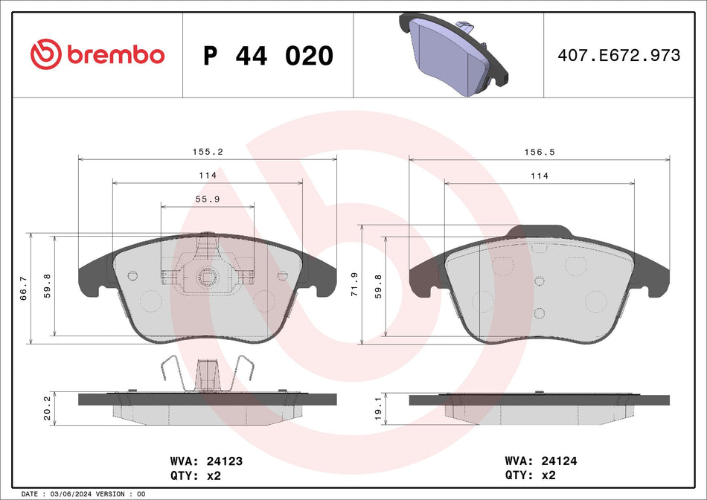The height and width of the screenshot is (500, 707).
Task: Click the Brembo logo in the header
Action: click(x=97, y=54)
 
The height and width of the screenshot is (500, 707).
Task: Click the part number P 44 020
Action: click(x=268, y=56)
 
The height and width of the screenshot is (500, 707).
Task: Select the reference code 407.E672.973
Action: click(x=619, y=56)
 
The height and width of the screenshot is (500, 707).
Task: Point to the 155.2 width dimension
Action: click(x=208, y=151)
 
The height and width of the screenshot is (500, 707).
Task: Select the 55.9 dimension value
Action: click(x=208, y=199)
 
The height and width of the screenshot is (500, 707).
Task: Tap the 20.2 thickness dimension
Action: click(x=48, y=408)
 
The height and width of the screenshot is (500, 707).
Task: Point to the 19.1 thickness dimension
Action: click(x=378, y=408)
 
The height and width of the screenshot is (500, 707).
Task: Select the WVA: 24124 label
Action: click(x=541, y=461)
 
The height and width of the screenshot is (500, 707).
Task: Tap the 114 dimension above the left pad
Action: click(x=208, y=175)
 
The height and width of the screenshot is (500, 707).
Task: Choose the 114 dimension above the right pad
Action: click(x=540, y=176)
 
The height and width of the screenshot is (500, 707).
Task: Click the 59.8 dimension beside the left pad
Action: click(x=48, y=285)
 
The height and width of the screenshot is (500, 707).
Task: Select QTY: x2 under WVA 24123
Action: click(x=196, y=475)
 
